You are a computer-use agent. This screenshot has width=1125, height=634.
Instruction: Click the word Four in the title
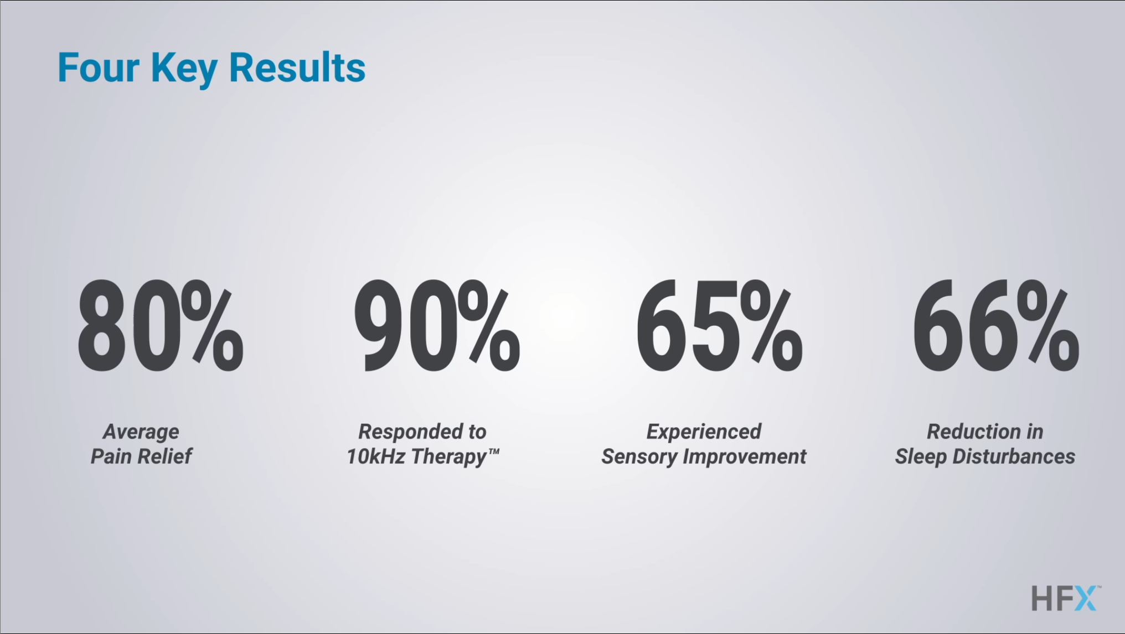(98, 68)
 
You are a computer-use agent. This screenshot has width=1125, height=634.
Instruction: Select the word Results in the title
(297, 68)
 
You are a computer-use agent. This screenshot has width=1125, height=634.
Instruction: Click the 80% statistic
(160, 326)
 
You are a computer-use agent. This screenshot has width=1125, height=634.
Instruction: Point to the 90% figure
(437, 326)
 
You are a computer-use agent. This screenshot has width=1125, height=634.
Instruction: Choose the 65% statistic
(719, 326)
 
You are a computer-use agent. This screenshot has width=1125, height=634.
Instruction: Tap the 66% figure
(996, 326)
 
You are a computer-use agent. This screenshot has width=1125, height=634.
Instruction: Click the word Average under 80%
(141, 432)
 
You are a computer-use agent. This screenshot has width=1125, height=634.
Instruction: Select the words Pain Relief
(141, 456)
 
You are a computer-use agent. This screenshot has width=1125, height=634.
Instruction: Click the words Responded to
(422, 432)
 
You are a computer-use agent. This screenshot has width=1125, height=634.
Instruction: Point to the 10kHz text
(376, 456)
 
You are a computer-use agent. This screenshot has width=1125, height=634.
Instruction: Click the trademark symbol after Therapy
(494, 451)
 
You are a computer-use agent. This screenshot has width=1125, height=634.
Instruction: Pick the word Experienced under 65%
(704, 432)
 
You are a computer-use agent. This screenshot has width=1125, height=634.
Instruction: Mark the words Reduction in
(985, 432)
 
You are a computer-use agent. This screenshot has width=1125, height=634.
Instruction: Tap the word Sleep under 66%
(921, 457)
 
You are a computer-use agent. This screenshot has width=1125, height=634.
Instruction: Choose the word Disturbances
(1014, 456)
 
